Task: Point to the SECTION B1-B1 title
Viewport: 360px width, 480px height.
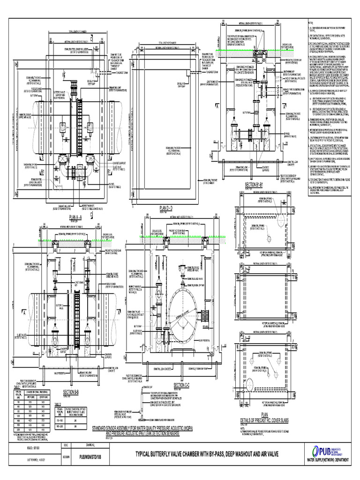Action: click(x=255, y=184)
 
